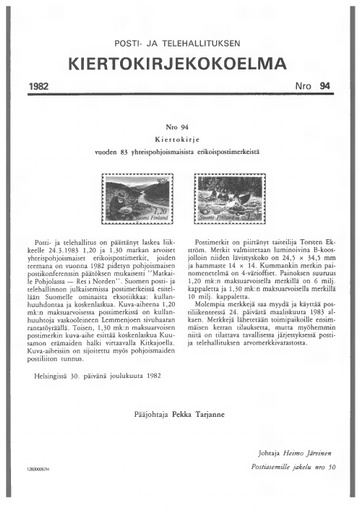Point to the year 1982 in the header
(x=42, y=88)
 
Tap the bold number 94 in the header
(x=325, y=88)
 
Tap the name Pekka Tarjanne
(x=208, y=410)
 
